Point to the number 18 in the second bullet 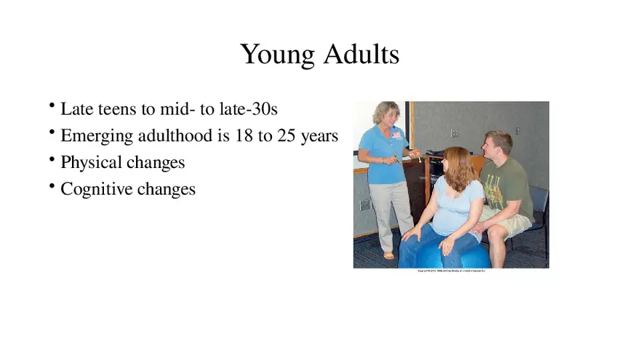[244, 136]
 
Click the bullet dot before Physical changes [53, 159]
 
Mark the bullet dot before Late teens [53, 106]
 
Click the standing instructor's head [385, 114]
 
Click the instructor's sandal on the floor [389, 255]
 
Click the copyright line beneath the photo [451, 271]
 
